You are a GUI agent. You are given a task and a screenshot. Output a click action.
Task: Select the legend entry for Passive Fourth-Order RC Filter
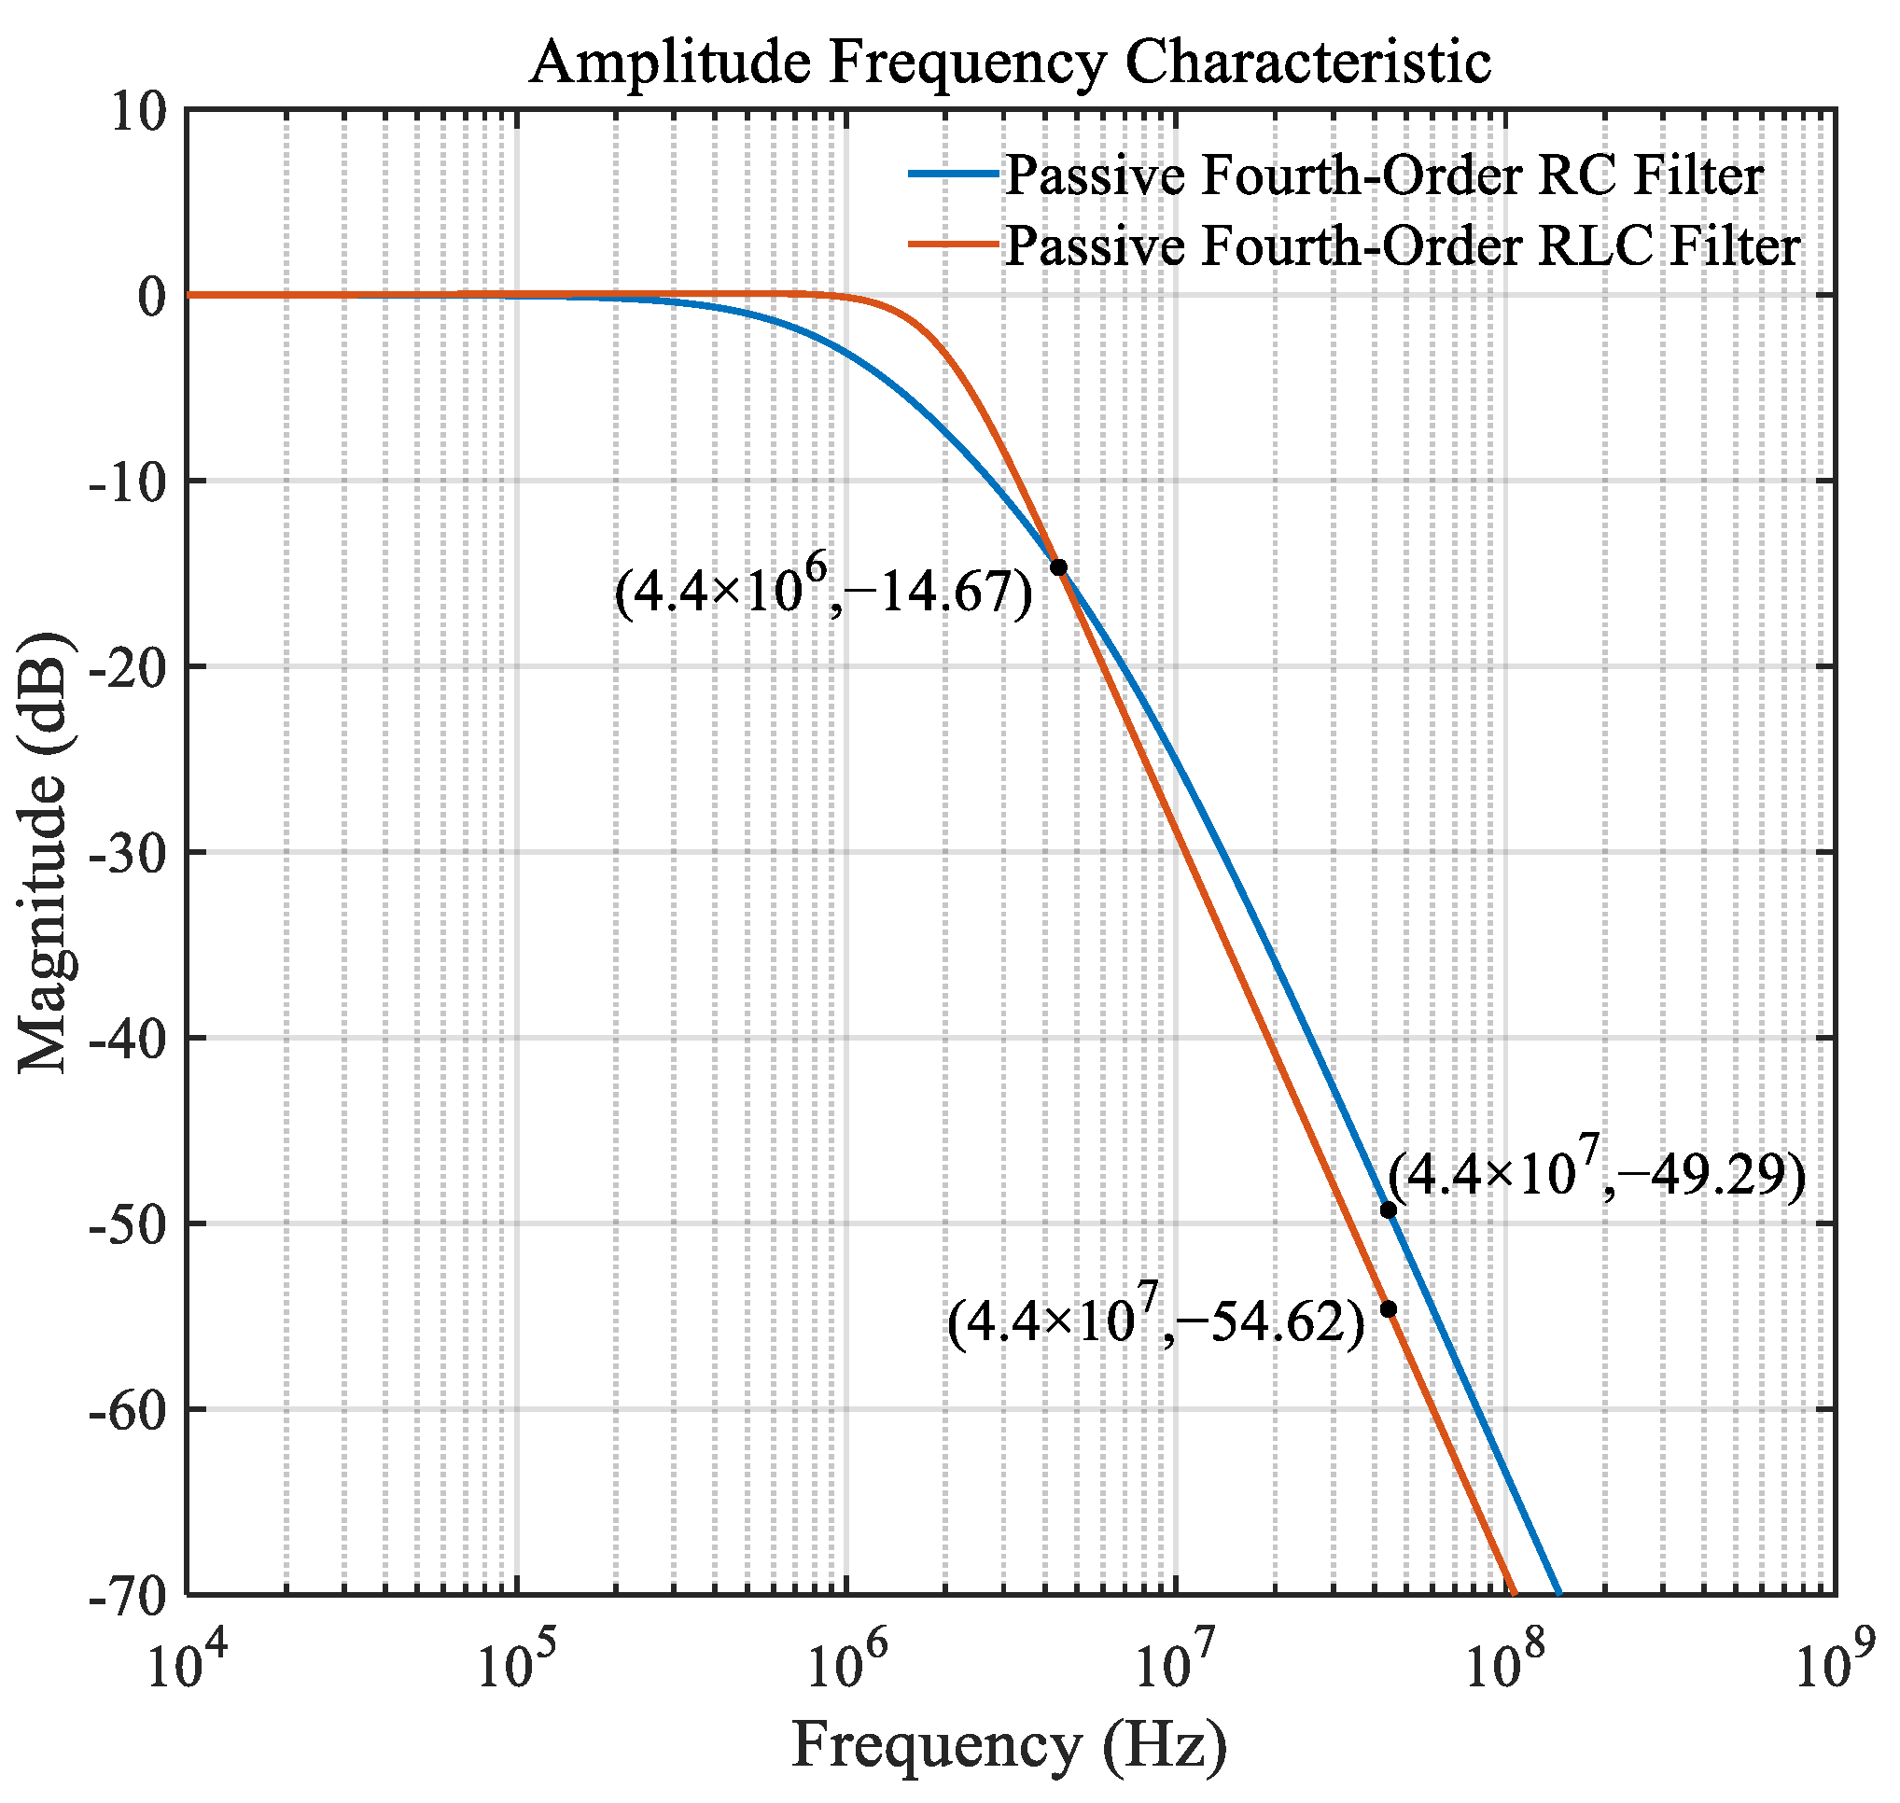[x=1384, y=175]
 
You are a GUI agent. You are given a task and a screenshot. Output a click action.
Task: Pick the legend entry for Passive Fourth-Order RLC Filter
[x=1403, y=246]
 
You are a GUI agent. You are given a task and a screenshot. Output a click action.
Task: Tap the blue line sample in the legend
[x=952, y=174]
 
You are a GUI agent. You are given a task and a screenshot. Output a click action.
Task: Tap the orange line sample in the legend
[x=952, y=245]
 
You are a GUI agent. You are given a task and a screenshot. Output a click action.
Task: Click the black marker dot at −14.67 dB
[x=1058, y=567]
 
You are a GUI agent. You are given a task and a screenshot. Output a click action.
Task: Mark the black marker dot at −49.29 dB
[x=1388, y=1210]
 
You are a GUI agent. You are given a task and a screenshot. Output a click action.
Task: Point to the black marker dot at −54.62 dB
[x=1388, y=1309]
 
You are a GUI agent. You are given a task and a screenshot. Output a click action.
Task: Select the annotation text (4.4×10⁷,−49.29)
[x=1597, y=1174]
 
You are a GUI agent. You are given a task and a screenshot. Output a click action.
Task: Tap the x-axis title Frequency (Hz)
[x=1009, y=1744]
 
